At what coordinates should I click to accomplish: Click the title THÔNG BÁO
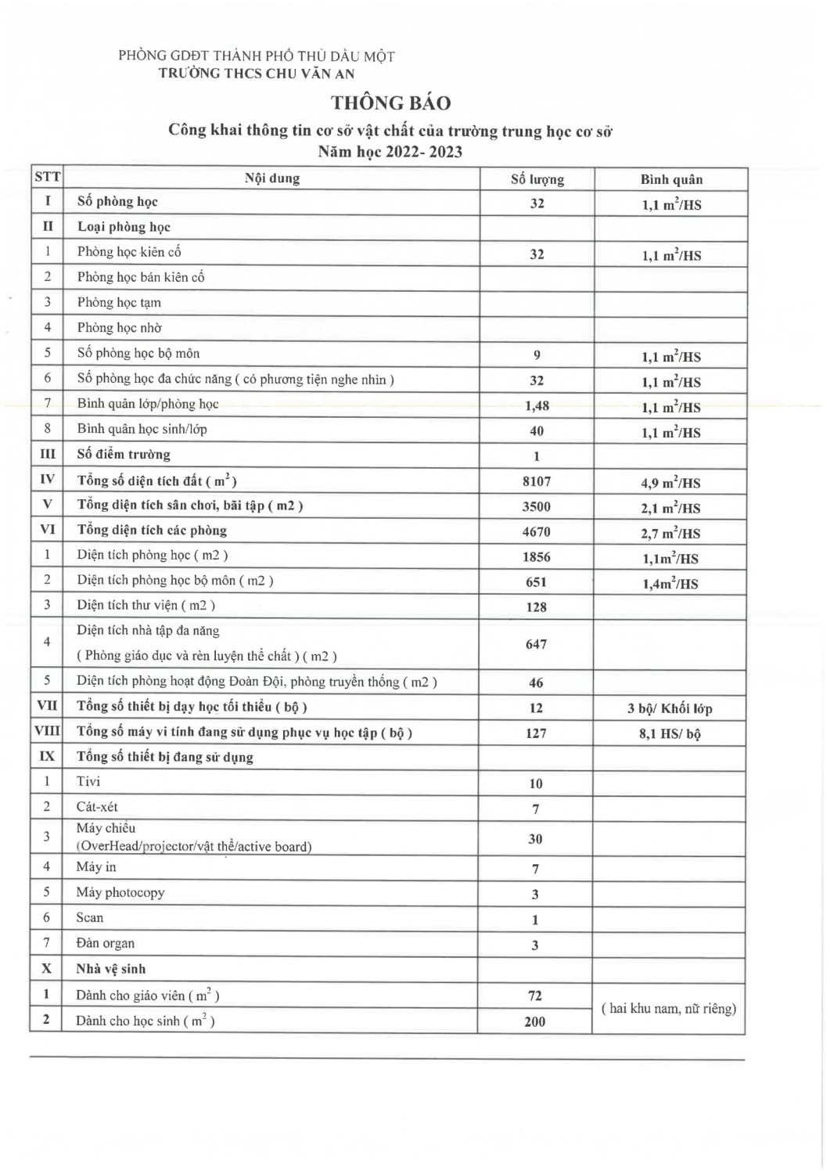tap(390, 103)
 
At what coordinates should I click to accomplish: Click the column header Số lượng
tap(537, 179)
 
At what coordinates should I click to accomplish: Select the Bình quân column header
tap(671, 179)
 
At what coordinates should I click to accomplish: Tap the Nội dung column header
tap(271, 178)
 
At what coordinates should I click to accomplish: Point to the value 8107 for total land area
tap(537, 481)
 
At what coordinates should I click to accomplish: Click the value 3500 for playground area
tap(537, 506)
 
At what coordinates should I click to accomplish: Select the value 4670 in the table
tap(537, 532)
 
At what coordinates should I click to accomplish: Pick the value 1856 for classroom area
tap(537, 557)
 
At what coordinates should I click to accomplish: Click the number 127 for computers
tap(536, 733)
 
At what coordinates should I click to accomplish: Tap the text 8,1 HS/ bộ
tap(670, 734)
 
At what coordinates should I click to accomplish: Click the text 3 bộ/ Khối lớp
tap(670, 709)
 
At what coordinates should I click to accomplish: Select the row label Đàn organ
tap(106, 943)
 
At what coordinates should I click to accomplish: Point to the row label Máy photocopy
tap(120, 892)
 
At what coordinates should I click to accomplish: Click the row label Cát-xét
tap(97, 807)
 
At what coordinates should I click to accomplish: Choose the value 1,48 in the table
tap(537, 406)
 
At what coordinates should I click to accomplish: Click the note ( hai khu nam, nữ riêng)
tap(669, 1009)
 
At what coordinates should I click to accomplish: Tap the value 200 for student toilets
tap(535, 1021)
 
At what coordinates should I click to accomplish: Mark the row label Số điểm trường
tap(124, 455)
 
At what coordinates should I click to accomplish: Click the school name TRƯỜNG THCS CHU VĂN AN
tap(257, 74)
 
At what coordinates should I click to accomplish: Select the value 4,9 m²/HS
tap(670, 483)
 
